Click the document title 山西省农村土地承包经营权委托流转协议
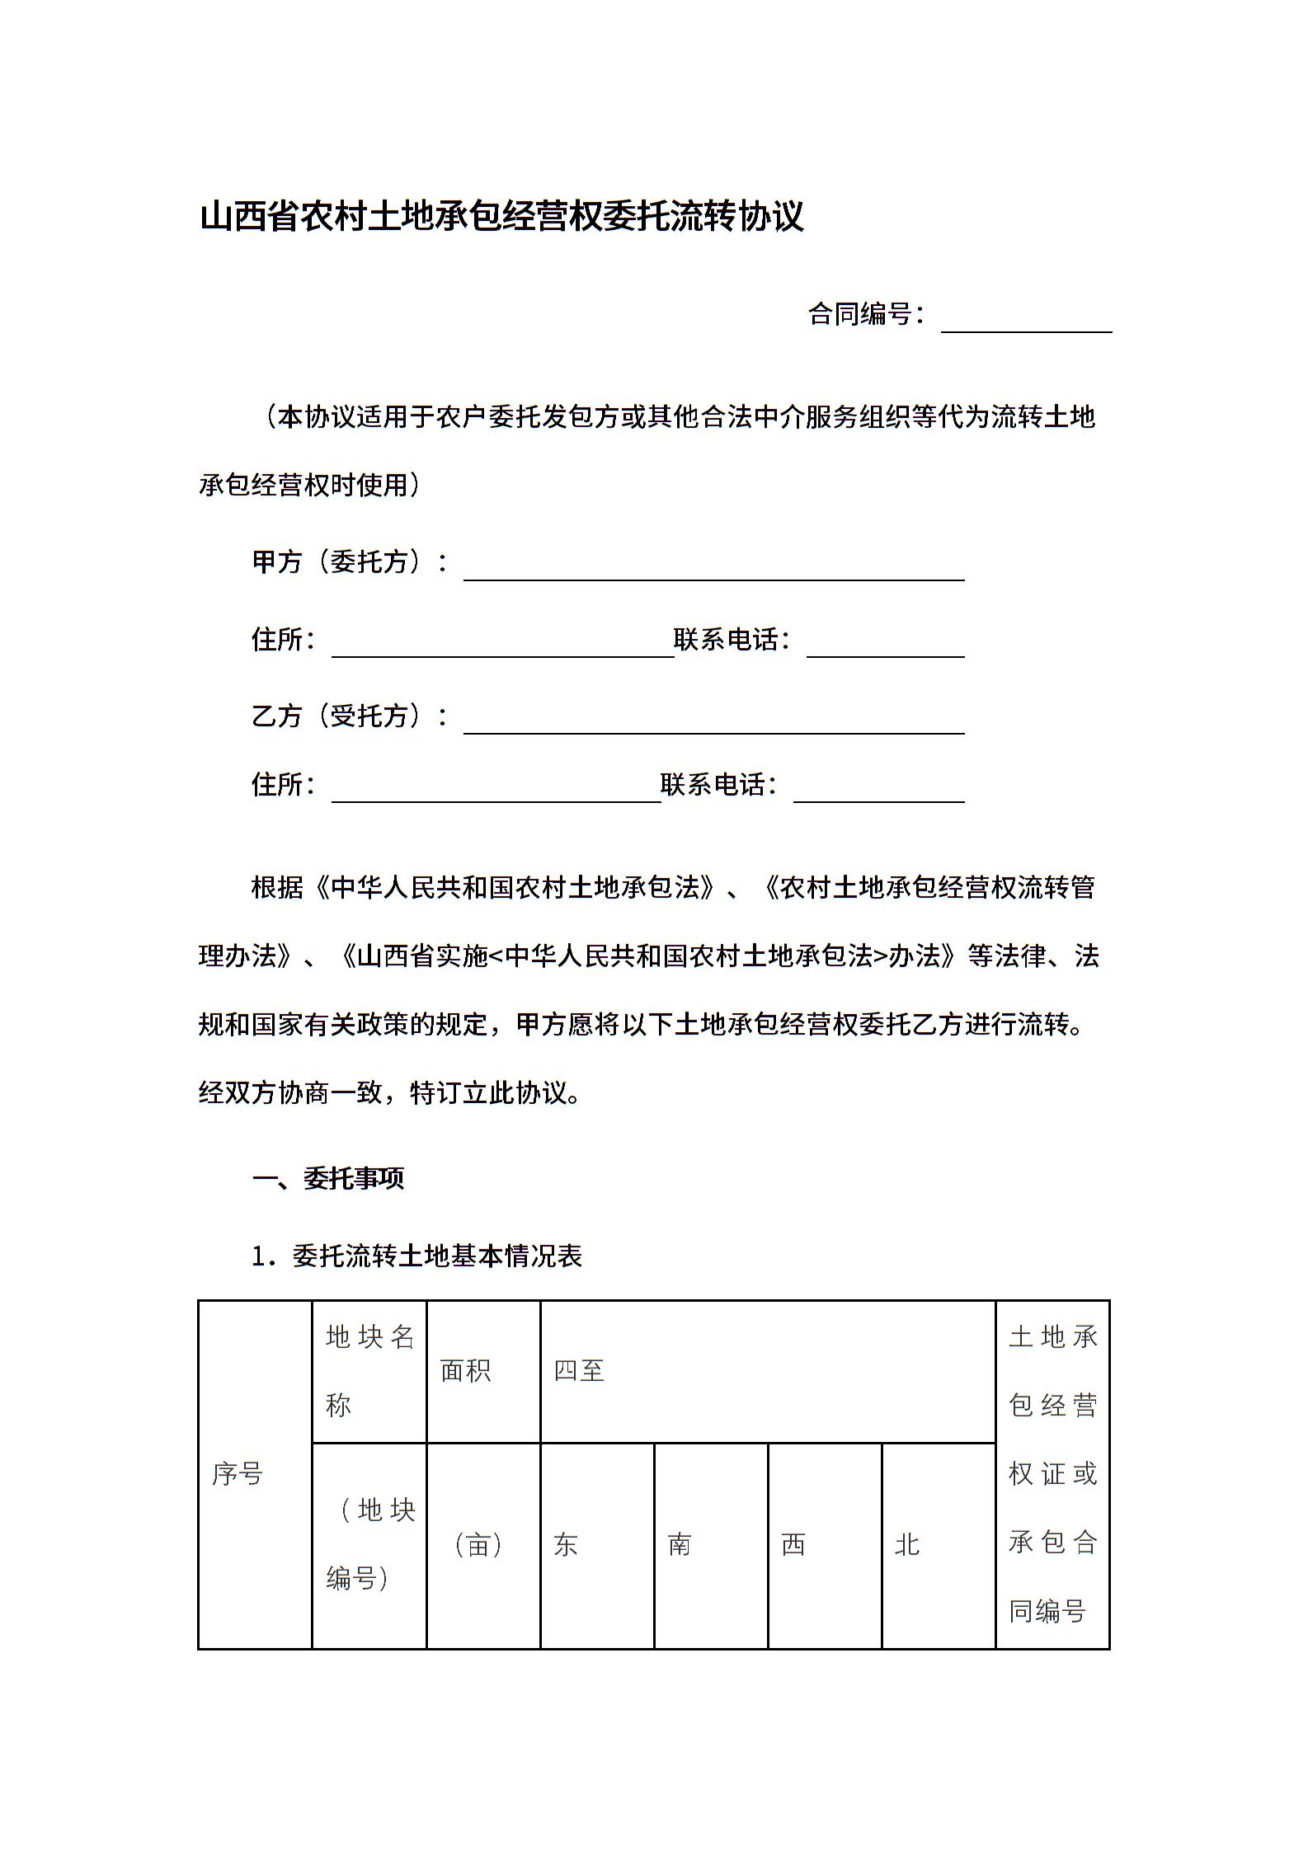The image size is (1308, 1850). tap(501, 218)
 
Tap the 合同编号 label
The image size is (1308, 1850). tap(866, 314)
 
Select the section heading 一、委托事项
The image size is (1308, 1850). tap(328, 1179)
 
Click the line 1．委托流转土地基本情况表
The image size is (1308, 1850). tap(417, 1256)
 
